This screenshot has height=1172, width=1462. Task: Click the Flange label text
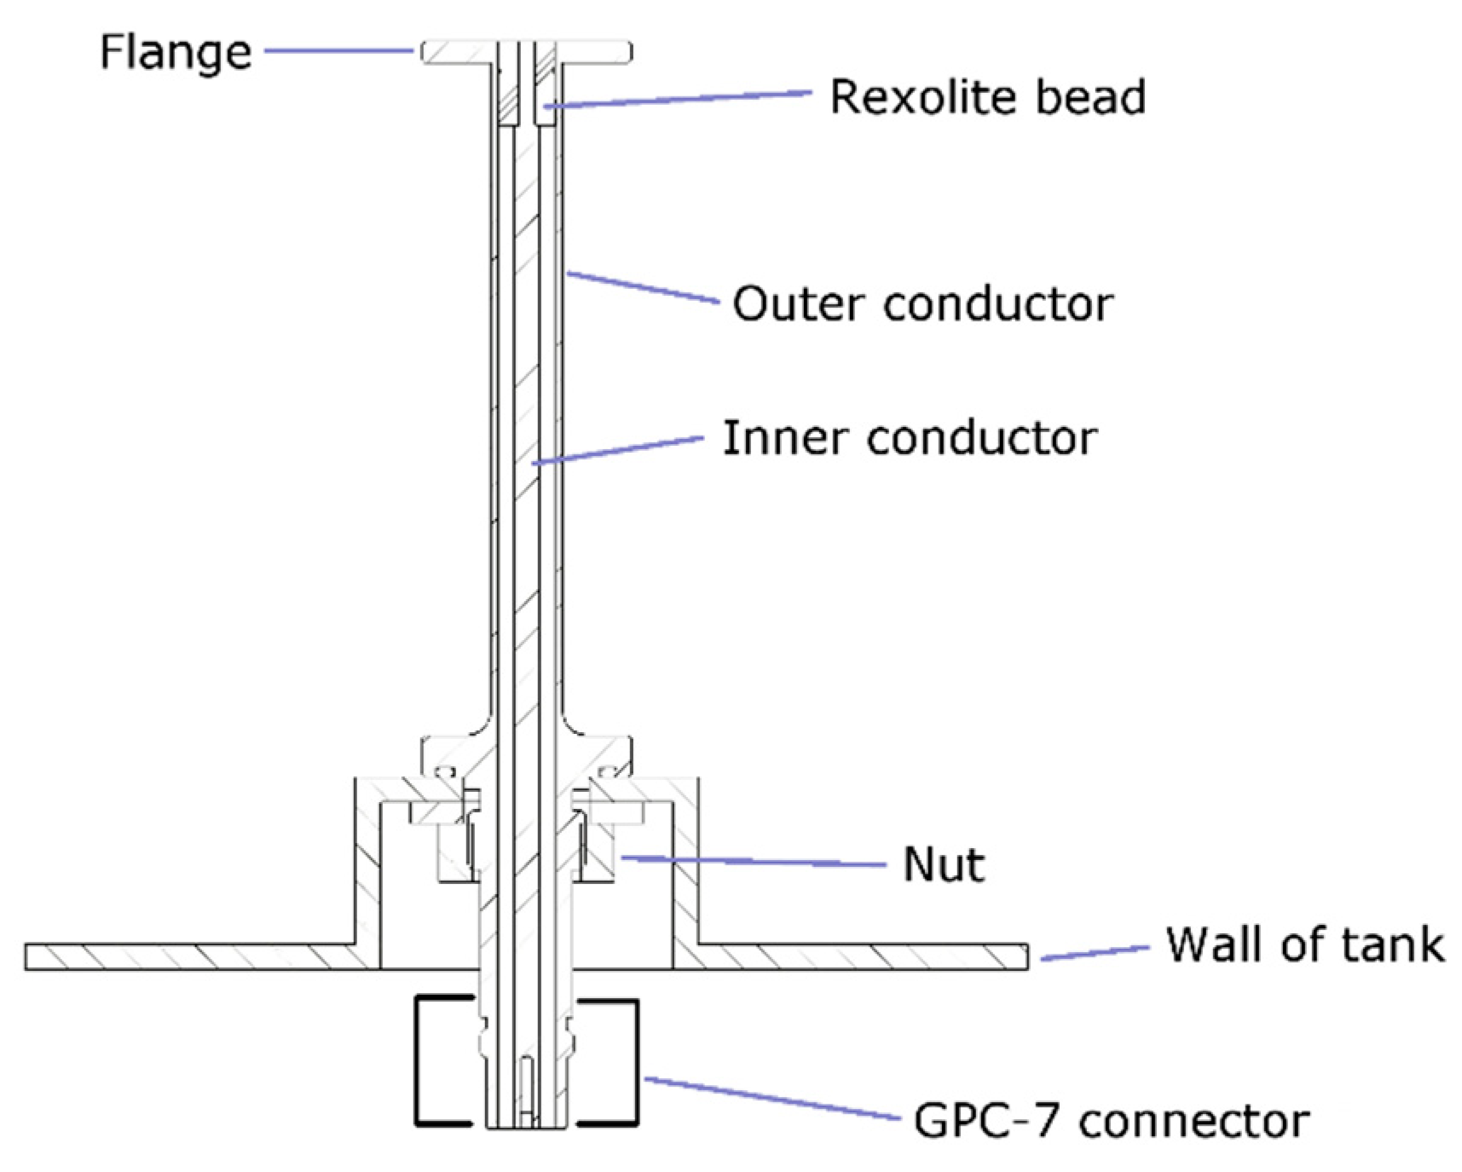176,53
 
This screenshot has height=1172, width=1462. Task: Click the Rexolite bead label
987,97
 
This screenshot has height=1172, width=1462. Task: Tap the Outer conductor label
922,304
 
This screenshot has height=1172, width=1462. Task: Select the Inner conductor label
910,438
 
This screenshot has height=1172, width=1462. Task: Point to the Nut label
944,864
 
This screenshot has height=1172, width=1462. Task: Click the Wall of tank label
1304,944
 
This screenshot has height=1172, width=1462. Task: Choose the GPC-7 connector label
1111,1120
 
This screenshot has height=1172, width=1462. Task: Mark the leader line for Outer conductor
644,288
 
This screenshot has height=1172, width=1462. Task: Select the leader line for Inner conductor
618,451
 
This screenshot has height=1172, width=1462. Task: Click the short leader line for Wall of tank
1095,953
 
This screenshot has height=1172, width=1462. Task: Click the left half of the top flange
457,53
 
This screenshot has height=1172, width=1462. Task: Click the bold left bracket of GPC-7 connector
418,1061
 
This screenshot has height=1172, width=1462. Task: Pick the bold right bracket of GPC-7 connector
636,1061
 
